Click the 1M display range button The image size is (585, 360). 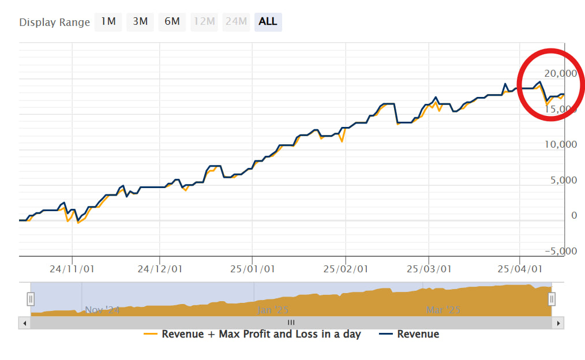pos(108,22)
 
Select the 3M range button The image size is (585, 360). pos(140,22)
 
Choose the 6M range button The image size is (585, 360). pos(172,22)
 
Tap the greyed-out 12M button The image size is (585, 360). pos(204,22)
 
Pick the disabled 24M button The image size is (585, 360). pos(236,22)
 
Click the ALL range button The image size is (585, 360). pos(268,22)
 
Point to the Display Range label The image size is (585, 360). pos(55,22)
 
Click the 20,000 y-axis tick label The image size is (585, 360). pos(560,73)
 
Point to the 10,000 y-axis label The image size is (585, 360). pos(560,144)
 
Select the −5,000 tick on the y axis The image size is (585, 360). pos(560,251)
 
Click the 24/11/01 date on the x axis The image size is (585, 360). pos(73,269)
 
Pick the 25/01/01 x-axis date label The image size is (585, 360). pos(253,269)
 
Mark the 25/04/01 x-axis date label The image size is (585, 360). pos(520,269)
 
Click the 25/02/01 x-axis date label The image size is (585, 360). pos(346,269)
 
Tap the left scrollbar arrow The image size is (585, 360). pos(24,323)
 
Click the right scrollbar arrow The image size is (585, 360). pos(558,323)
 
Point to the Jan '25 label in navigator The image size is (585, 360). pos(272,310)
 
